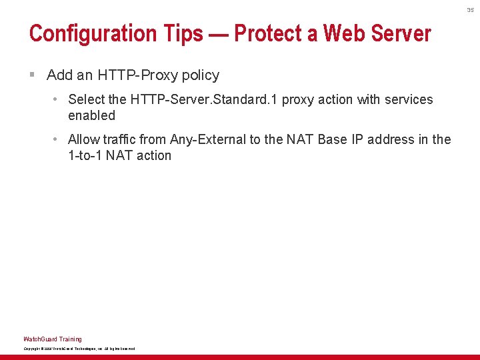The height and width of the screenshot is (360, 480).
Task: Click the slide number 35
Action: point(470,10)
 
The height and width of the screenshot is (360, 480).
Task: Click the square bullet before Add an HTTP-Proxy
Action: point(32,75)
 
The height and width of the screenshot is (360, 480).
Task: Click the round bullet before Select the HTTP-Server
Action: point(57,99)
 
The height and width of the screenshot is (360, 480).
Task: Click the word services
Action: point(406,99)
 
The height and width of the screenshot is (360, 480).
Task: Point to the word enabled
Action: point(91,115)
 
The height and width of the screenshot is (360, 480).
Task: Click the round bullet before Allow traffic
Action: point(57,139)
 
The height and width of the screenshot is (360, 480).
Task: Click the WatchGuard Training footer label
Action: point(53,339)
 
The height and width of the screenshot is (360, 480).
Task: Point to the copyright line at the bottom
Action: point(79,349)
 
